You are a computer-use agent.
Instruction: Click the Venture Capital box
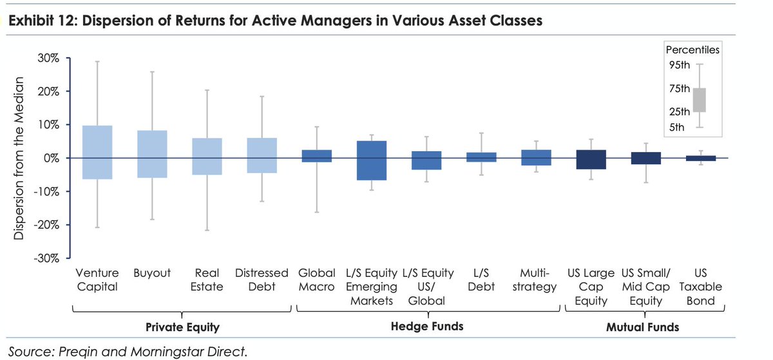tap(97, 152)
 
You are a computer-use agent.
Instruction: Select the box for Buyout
tap(152, 154)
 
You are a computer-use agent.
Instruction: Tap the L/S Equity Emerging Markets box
tap(371, 160)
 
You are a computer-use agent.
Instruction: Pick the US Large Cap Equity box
tap(591, 159)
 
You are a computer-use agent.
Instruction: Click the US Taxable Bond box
tap(700, 158)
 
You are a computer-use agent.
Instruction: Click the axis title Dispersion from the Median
tap(19, 158)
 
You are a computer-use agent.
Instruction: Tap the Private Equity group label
tap(182, 327)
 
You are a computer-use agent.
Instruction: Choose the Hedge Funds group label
tap(426, 327)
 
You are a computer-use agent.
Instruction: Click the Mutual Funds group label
tap(642, 327)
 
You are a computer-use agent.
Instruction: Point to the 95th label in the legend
tap(680, 65)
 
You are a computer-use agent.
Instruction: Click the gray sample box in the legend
tap(700, 100)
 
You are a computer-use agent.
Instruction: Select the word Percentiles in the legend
tap(692, 49)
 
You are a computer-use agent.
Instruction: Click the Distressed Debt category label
tap(262, 280)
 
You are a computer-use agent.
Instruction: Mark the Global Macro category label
tap(316, 280)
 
